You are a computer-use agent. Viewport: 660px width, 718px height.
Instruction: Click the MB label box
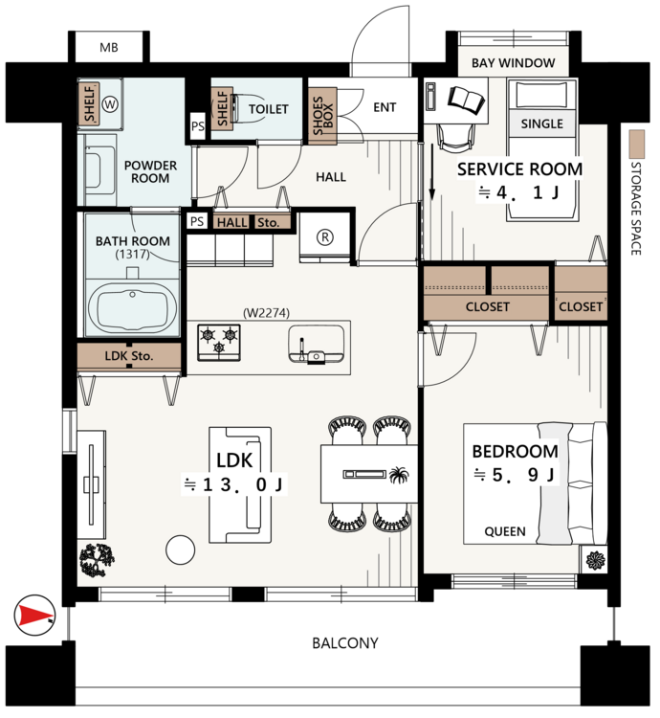coord(109,47)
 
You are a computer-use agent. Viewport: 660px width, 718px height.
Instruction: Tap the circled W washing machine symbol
coord(110,104)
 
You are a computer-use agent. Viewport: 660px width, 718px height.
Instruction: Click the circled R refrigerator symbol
coord(325,237)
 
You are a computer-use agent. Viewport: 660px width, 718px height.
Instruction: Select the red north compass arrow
coord(34,615)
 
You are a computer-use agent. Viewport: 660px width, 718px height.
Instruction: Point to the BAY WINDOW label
coord(514,63)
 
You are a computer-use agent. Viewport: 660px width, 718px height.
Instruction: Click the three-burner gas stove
coord(219,342)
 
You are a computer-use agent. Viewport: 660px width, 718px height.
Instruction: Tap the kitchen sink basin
coord(316,345)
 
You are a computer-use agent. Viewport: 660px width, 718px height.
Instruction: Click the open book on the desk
coord(466,101)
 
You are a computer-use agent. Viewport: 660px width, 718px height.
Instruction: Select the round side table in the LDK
coord(181,550)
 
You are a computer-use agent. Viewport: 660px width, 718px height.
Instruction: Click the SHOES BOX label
coord(323,116)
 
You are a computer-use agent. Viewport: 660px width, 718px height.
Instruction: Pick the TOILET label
coord(269,109)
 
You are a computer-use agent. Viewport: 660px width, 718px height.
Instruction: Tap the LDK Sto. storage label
coord(129,356)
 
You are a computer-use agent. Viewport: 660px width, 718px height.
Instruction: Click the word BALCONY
coord(345,643)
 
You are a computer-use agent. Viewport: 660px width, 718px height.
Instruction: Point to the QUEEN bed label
coord(505,531)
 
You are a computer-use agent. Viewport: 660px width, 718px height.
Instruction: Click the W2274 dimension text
coord(266,313)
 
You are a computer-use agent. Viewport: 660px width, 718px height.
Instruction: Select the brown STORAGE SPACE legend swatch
coord(637,144)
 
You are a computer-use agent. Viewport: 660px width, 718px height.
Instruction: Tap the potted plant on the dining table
coord(399,475)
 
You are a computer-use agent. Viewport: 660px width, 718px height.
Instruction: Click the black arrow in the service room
coord(431,172)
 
